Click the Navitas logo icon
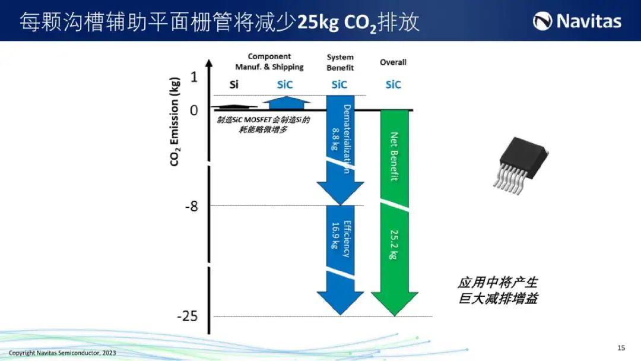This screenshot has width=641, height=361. (x=542, y=21)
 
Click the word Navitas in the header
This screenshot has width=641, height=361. (x=589, y=21)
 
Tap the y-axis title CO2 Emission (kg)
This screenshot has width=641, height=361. (x=174, y=122)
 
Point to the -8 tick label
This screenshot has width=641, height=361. (x=191, y=207)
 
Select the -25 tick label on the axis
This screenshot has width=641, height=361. (x=187, y=316)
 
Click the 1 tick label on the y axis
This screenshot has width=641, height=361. (x=193, y=77)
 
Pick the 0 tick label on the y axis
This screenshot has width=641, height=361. (x=193, y=110)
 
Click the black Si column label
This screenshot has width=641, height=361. (x=234, y=85)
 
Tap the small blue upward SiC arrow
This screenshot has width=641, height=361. (x=287, y=103)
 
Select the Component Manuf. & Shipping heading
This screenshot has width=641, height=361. (x=269, y=62)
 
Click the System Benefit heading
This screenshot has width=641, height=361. (x=340, y=62)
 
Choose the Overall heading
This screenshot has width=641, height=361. (x=393, y=62)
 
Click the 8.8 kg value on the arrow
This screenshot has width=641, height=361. (x=335, y=139)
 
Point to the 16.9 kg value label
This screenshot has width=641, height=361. (x=335, y=236)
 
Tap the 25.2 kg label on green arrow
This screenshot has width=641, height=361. (x=394, y=245)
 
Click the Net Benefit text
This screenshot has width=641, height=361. (x=394, y=157)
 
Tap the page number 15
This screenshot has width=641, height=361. (x=621, y=348)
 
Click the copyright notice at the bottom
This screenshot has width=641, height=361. (x=62, y=353)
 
